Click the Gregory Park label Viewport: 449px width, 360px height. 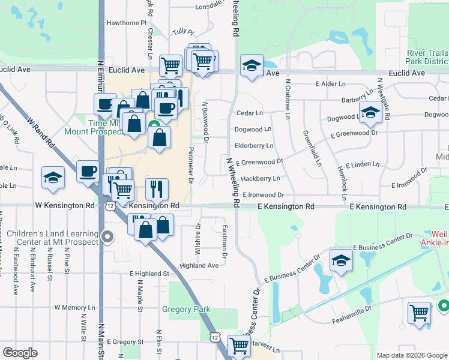(x=186, y=310)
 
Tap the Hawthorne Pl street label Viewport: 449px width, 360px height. (x=127, y=23)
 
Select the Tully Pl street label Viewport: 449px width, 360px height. (x=183, y=31)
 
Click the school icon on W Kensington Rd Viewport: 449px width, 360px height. (x=53, y=178)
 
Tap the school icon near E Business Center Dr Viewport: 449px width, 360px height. (x=342, y=260)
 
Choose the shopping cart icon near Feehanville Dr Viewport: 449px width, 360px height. (x=419, y=313)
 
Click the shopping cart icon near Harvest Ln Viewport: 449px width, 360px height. (x=240, y=346)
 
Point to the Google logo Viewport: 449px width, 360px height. (x=20, y=353)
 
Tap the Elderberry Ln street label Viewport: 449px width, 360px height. (x=254, y=145)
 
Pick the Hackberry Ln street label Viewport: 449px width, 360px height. (x=261, y=178)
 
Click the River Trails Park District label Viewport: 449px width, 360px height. (x=427, y=57)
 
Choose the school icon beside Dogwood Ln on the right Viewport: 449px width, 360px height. (x=370, y=112)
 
